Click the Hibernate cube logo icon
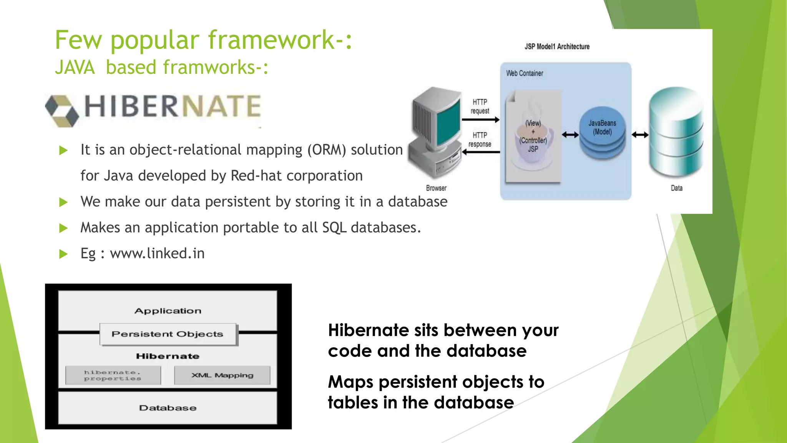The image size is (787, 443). (x=61, y=110)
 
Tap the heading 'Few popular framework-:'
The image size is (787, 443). (x=203, y=40)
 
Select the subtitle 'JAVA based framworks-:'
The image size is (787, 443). (x=161, y=67)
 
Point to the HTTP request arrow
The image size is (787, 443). (x=480, y=120)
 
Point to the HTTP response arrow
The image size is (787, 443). (x=481, y=152)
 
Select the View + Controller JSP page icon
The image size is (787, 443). (x=533, y=137)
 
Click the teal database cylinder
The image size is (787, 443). (x=676, y=133)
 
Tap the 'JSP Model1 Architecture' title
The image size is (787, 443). (x=557, y=47)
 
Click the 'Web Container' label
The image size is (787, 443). (x=525, y=73)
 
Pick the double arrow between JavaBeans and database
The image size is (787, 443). (x=640, y=135)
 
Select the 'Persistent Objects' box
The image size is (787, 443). (x=168, y=334)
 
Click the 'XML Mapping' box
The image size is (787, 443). (x=222, y=375)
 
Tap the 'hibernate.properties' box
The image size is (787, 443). (x=113, y=375)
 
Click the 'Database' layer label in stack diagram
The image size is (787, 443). (x=168, y=408)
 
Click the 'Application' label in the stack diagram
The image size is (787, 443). (x=168, y=311)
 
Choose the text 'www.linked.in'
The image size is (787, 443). (x=157, y=253)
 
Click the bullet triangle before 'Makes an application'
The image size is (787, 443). (x=63, y=228)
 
